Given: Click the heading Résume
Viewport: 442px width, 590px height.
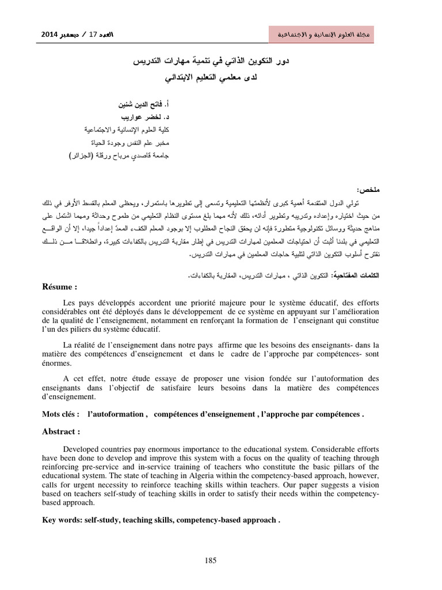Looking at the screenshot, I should (59, 287).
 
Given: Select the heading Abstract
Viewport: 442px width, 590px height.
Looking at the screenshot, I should (60, 431).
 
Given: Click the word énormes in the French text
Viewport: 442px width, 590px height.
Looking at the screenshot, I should (57, 363).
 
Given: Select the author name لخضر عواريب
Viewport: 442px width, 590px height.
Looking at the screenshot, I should (141, 118).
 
